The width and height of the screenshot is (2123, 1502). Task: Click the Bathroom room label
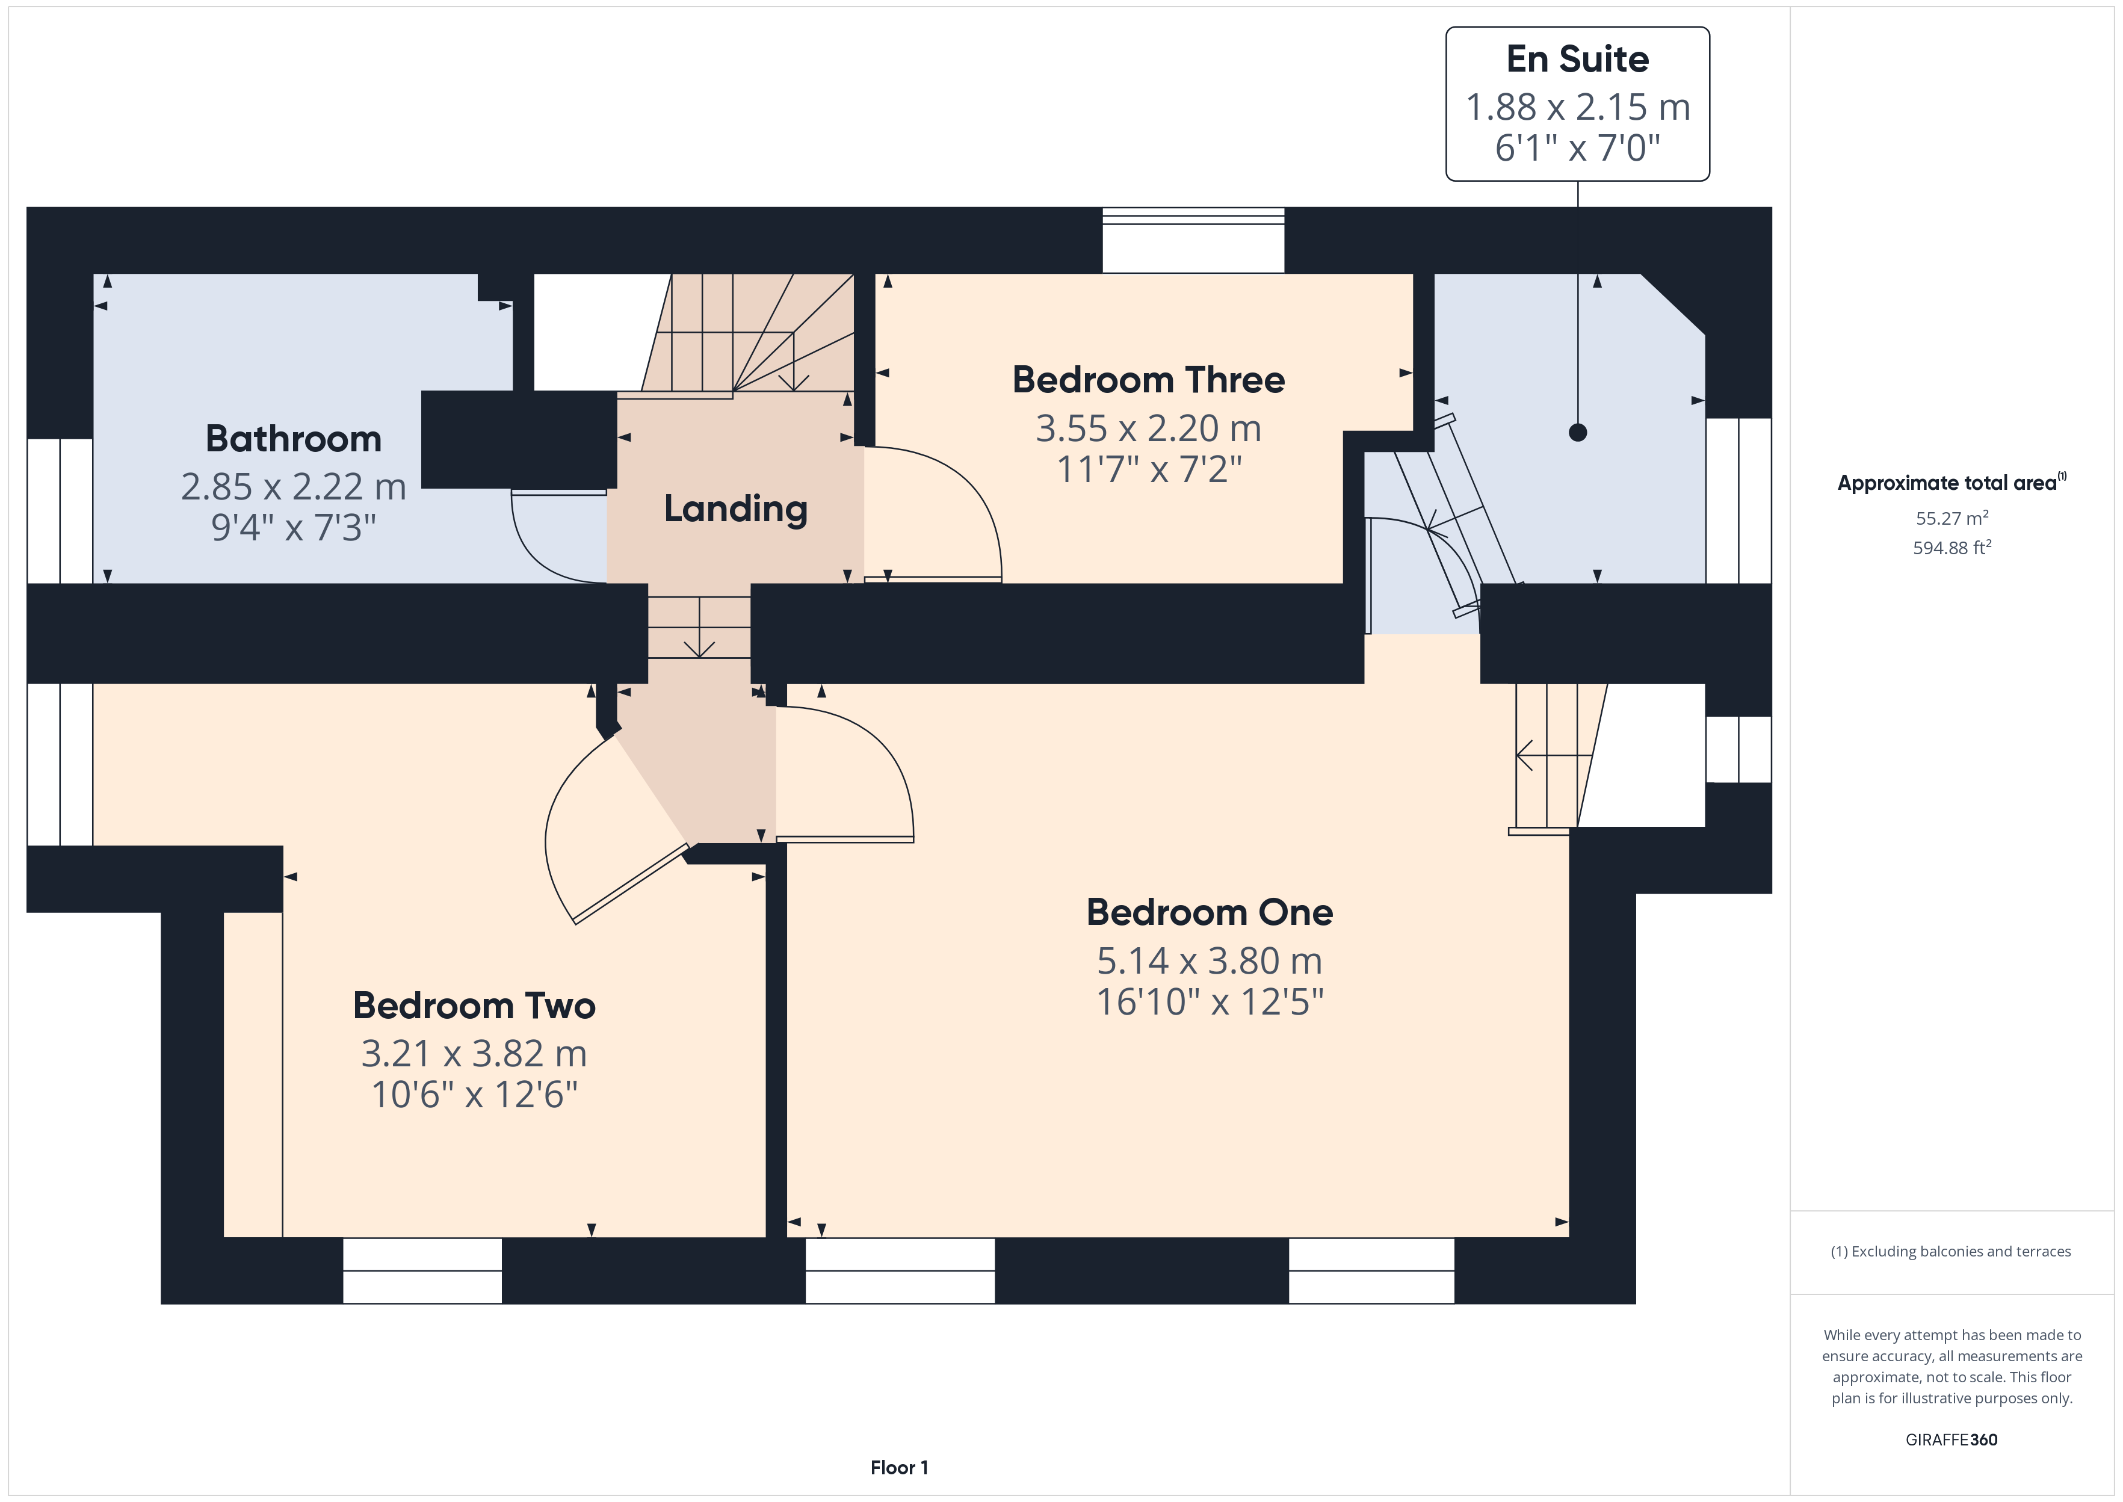293,439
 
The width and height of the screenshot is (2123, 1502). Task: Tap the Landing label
736,508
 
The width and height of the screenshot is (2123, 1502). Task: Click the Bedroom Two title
474,1006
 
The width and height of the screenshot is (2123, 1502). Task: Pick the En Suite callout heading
1577,59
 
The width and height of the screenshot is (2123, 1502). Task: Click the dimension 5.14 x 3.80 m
1210,961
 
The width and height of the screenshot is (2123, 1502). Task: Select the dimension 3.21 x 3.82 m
474,1054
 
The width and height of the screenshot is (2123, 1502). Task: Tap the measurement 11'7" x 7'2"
1148,469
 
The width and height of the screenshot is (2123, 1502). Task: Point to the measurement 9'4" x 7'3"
293,527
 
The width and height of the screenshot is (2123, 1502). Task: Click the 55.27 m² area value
1952,518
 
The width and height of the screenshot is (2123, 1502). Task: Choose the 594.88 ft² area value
1952,548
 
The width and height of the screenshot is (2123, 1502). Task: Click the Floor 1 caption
899,1468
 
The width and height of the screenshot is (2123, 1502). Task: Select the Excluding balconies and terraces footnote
1951,1251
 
